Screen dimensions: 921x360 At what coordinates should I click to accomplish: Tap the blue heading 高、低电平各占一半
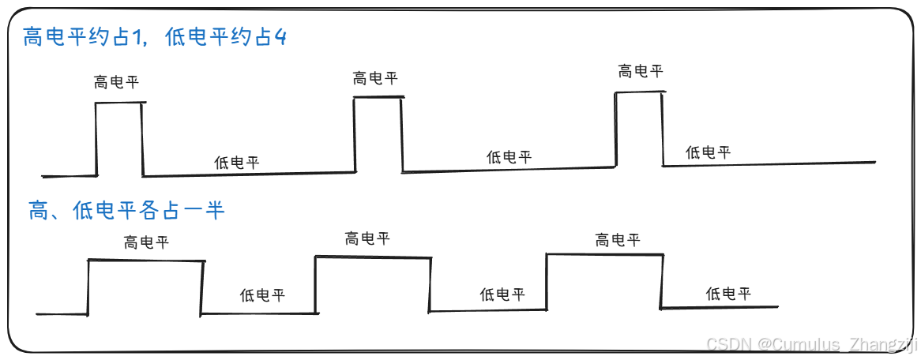click(x=126, y=210)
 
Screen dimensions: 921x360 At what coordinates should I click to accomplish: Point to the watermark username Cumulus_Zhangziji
click(x=837, y=344)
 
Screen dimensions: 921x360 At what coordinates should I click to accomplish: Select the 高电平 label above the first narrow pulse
click(x=116, y=82)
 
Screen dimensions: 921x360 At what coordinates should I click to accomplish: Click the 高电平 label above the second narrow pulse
click(x=375, y=78)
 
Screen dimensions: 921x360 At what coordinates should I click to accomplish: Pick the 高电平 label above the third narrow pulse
click(x=641, y=72)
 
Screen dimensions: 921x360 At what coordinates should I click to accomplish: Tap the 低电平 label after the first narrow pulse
click(x=237, y=163)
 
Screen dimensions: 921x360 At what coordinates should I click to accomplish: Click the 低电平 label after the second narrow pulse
click(x=509, y=157)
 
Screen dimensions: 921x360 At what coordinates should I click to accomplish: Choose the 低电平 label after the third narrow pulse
click(x=708, y=152)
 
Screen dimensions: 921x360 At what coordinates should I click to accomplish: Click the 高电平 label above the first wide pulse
click(x=146, y=242)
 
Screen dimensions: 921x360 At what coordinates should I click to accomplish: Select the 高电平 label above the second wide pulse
click(x=367, y=238)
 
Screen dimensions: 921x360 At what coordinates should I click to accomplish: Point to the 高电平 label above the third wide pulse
click(x=618, y=240)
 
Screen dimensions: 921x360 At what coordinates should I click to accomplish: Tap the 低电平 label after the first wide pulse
click(x=262, y=296)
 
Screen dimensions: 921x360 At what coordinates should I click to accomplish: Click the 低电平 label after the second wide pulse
click(x=502, y=294)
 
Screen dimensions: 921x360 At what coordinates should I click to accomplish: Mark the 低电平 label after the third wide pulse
click(x=728, y=294)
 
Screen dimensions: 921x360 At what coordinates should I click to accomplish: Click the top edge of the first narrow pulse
click(x=120, y=103)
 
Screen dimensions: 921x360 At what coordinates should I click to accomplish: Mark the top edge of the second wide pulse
click(x=373, y=257)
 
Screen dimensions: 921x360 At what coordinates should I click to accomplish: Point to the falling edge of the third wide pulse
click(x=662, y=281)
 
